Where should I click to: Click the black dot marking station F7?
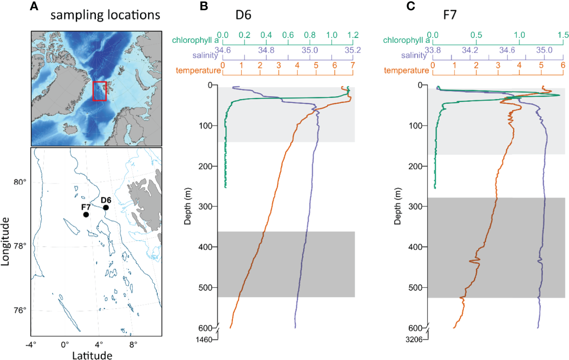(86, 214)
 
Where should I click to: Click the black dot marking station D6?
(106, 207)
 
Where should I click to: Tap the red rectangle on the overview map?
(100, 91)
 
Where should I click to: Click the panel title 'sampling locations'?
(106, 16)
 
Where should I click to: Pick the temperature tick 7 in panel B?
(352, 66)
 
